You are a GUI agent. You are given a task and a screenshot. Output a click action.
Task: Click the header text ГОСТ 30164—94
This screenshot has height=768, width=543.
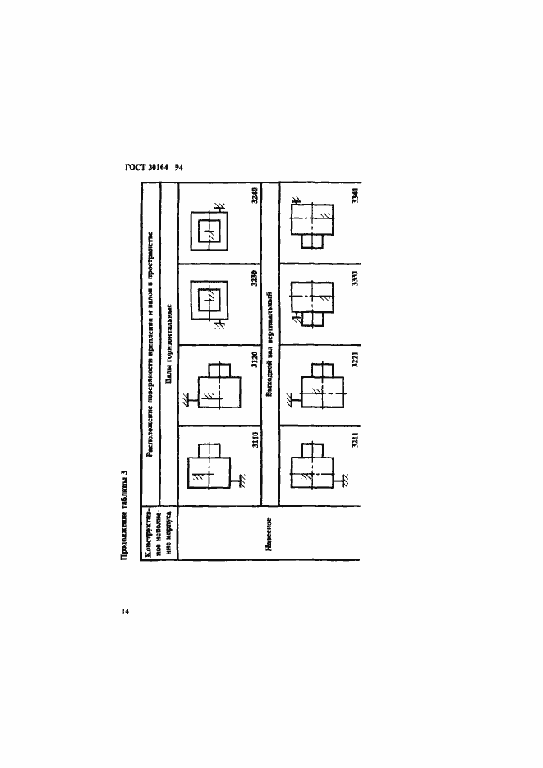coord(153,167)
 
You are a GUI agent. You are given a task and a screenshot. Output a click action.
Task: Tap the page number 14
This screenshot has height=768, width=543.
coord(124,611)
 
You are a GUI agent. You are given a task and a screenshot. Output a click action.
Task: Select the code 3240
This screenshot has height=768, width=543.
coord(255,198)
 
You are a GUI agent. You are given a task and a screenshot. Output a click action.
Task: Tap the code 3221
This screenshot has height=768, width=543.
coord(355,361)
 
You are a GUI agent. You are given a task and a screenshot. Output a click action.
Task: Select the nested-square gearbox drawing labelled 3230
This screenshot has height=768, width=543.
coord(209,302)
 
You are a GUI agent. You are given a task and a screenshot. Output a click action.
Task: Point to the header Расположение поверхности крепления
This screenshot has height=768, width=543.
coord(150,345)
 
